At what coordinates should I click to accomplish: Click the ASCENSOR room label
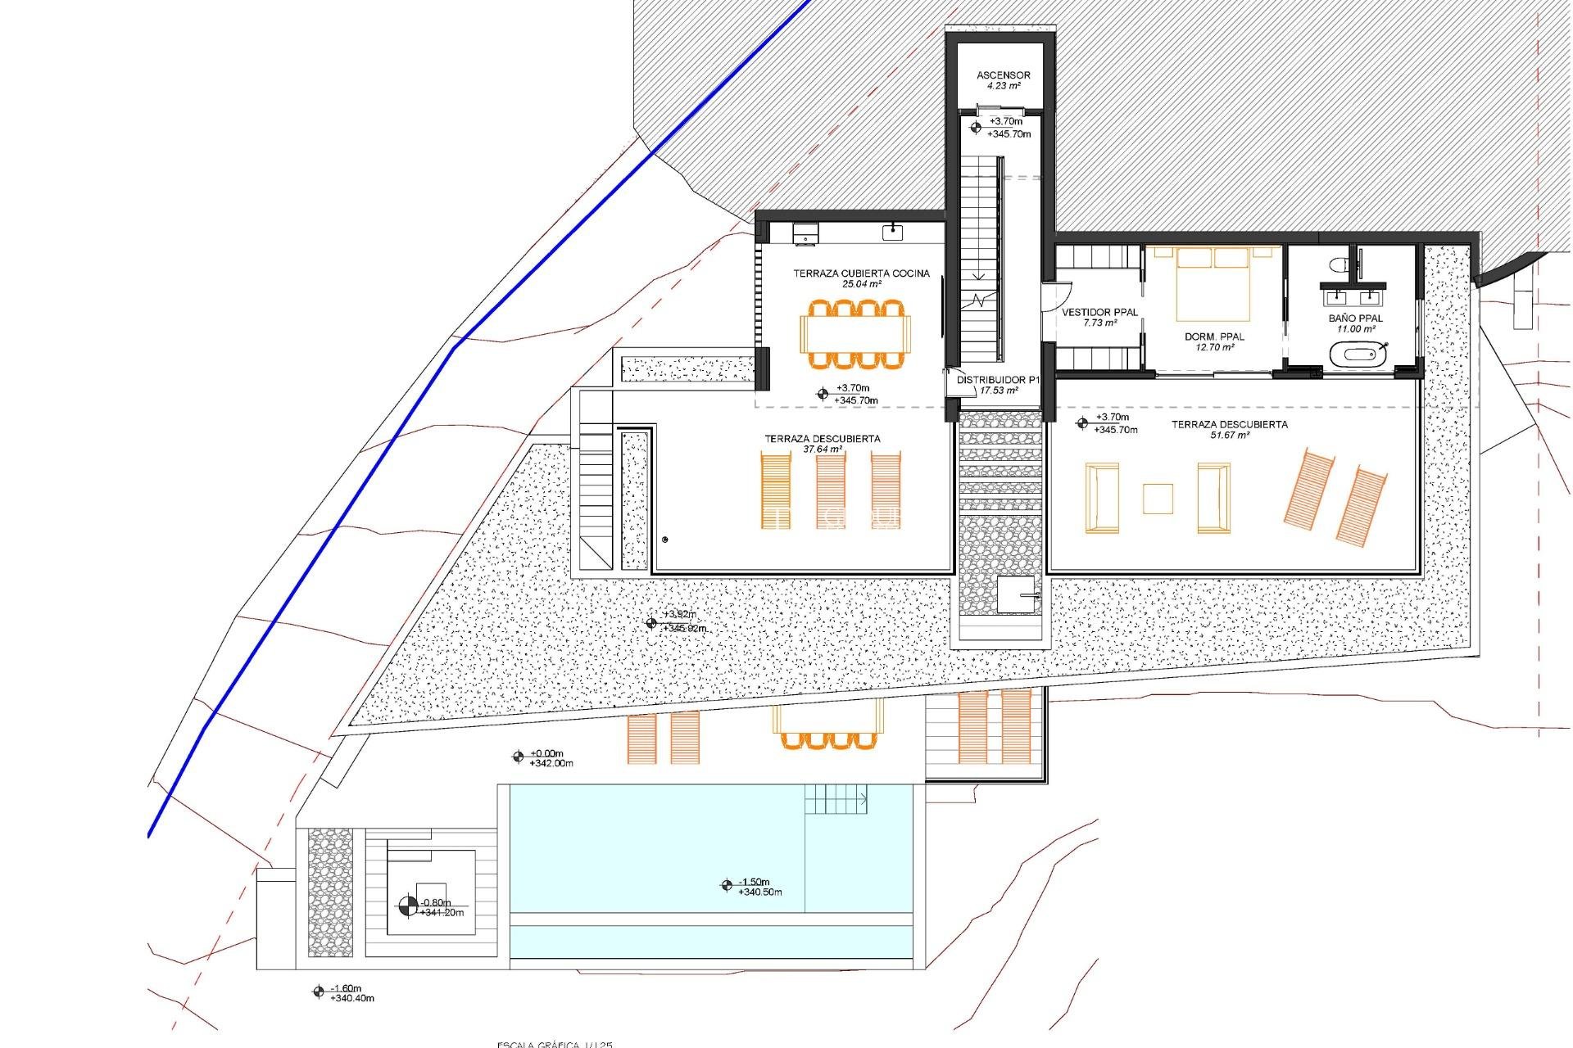[1003, 75]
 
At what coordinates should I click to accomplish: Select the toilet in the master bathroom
[1338, 264]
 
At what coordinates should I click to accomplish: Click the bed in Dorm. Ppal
[1213, 284]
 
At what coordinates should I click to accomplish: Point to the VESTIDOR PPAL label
[1099, 313]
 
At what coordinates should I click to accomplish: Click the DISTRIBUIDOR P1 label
[998, 381]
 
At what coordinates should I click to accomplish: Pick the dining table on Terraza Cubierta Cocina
[855, 334]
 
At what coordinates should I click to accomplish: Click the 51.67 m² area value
[1229, 436]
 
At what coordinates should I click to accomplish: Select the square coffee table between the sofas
[1158, 499]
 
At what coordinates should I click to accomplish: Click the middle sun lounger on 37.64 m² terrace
[831, 491]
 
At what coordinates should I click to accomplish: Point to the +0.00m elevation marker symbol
[518, 757]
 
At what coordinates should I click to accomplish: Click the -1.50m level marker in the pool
[727, 885]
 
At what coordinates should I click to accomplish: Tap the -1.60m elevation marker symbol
[319, 992]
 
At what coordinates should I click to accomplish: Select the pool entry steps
[835, 799]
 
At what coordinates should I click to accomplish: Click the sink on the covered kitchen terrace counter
[892, 233]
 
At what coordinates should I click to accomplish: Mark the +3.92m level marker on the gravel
[651, 623]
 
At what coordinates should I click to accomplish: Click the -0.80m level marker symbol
[407, 906]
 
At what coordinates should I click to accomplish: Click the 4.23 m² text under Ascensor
[1003, 86]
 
